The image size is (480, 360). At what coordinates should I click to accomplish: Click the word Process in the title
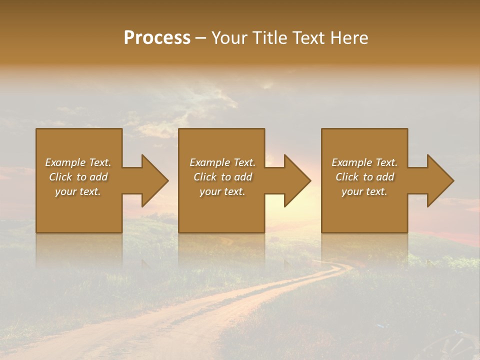[157, 37]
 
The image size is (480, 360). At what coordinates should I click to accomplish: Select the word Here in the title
[349, 37]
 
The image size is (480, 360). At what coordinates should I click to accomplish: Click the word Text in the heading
[308, 37]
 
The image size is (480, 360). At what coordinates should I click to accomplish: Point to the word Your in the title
[229, 37]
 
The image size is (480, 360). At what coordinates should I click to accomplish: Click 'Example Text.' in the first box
[78, 162]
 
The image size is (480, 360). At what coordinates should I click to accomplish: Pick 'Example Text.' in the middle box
[222, 162]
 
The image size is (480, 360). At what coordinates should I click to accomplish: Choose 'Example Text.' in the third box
[364, 162]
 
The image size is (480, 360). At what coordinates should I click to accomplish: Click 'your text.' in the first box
[78, 191]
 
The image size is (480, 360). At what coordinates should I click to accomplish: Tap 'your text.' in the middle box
[222, 191]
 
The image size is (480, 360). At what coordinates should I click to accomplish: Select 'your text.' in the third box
[364, 191]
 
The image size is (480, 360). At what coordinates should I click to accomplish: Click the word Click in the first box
[60, 177]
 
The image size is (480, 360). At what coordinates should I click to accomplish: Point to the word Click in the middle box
[205, 177]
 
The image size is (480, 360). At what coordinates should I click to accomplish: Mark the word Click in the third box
[347, 177]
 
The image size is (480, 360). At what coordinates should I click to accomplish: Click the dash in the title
[201, 38]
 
